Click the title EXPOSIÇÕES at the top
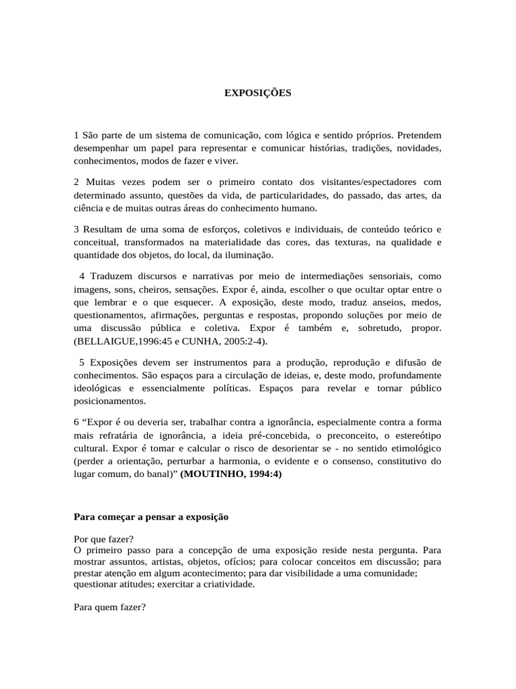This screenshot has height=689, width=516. (258, 94)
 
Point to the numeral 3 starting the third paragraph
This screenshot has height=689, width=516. (77, 230)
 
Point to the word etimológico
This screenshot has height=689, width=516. (411, 448)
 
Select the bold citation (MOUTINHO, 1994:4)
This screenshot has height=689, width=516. (232, 474)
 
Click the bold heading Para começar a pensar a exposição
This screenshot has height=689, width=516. (151, 517)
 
